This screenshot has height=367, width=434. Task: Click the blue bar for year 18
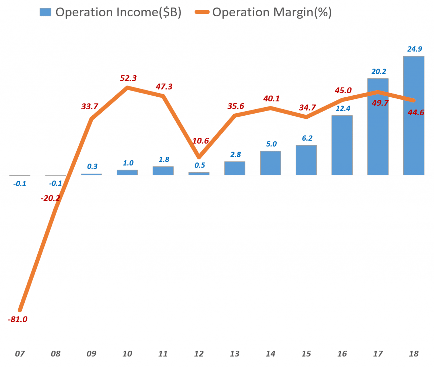click(413, 115)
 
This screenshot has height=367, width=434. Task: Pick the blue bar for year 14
click(270, 163)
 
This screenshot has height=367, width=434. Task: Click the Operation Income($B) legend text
click(118, 12)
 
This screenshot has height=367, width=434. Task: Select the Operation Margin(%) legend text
click(272, 12)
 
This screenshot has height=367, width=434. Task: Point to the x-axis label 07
click(20, 354)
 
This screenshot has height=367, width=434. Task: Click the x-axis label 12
click(199, 354)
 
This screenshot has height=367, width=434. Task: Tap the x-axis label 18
click(414, 354)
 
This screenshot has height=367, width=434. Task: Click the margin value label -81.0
click(18, 319)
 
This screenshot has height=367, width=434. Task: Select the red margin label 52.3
click(128, 78)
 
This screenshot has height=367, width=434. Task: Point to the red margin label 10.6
click(200, 141)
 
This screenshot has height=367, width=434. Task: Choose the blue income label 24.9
click(414, 49)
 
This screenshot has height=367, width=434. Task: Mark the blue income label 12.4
click(343, 109)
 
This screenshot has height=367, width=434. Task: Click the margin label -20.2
click(50, 198)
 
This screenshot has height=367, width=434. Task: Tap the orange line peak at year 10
click(127, 88)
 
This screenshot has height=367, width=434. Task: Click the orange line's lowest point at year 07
click(20, 310)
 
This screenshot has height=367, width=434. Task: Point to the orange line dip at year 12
click(199, 157)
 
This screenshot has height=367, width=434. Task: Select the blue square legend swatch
click(45, 12)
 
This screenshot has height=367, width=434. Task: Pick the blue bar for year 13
click(235, 168)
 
